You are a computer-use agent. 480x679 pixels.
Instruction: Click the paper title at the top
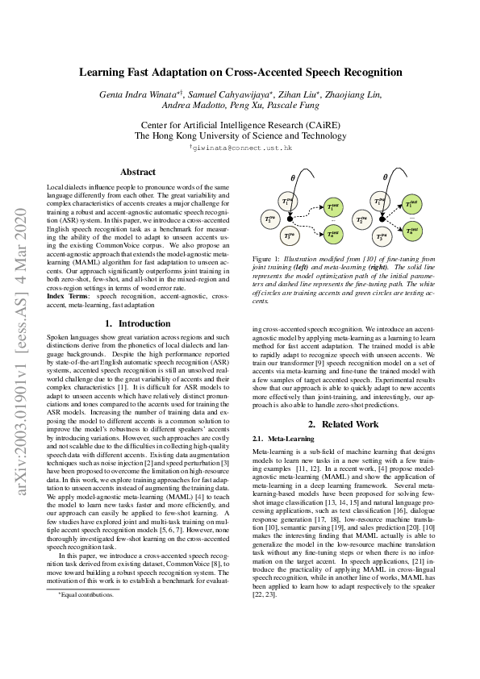tap(240, 72)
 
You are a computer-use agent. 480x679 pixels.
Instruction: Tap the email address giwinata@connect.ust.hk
tap(241, 148)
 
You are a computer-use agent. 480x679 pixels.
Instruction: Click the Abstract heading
tap(138, 172)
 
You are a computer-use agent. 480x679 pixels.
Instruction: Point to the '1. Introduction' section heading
tap(138, 323)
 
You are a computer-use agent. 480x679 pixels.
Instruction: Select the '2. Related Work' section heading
tap(343, 423)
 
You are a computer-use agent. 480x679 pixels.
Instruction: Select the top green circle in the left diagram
tap(332, 206)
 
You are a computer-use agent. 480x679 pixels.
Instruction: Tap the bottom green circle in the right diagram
tap(413, 232)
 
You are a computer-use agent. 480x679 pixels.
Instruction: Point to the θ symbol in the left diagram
tap(294, 177)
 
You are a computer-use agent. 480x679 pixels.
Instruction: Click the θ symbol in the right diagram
tap(386, 177)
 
